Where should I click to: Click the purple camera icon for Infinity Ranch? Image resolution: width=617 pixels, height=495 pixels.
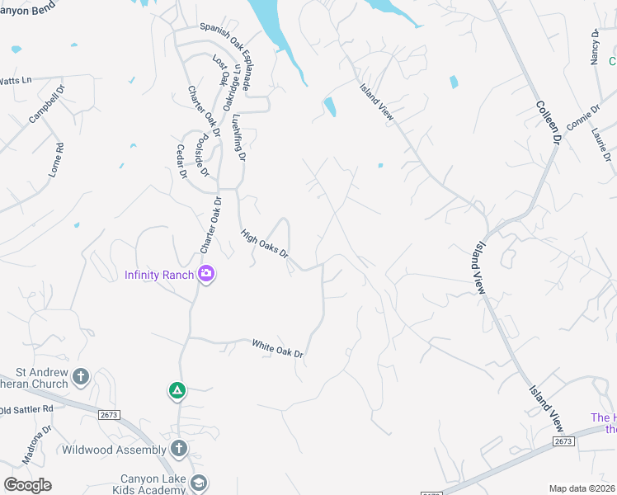point(206,275)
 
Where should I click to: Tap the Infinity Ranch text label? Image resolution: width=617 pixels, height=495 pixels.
point(159,275)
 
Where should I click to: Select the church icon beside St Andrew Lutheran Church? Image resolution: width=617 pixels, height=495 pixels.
point(81,377)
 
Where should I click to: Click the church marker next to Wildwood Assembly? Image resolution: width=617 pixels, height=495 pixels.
point(179,449)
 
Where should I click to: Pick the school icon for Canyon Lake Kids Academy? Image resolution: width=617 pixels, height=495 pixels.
point(198,483)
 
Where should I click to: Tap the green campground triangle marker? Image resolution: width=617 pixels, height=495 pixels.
point(177,390)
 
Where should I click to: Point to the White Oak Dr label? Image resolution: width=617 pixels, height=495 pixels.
point(278,349)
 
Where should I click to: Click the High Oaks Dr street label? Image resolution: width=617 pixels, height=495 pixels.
point(264,243)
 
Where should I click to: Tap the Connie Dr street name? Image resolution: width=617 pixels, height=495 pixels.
point(583,123)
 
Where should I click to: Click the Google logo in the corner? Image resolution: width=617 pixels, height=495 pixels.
point(27,484)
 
